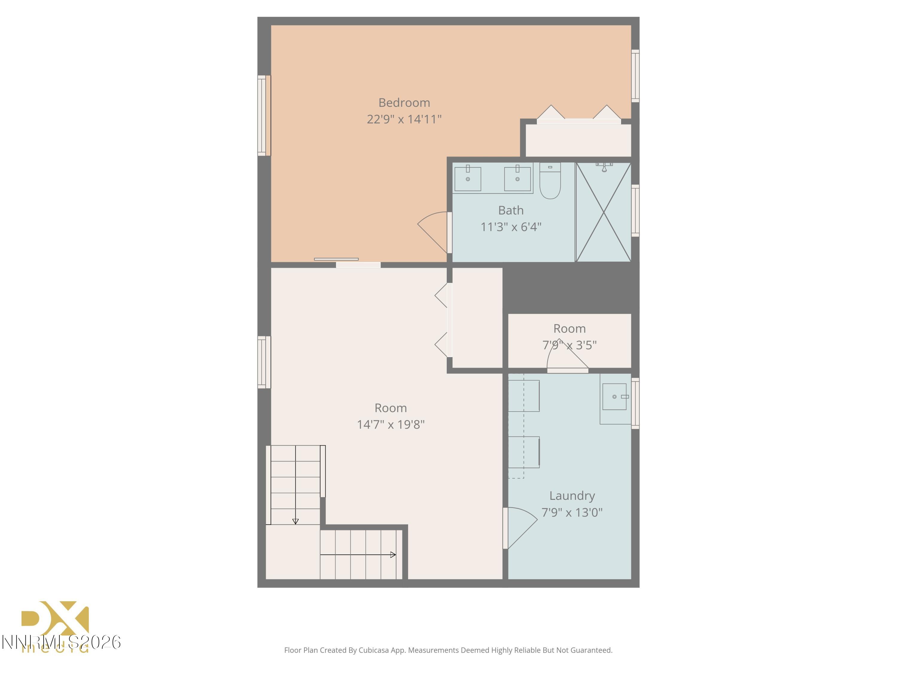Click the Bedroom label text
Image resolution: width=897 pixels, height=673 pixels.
coord(404,103)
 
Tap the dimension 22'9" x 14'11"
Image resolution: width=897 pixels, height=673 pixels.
coord(404,119)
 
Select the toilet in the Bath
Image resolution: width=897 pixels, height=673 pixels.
coord(550,181)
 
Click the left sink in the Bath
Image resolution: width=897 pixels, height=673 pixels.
coord(468,179)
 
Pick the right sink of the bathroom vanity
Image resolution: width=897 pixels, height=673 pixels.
coord(518,179)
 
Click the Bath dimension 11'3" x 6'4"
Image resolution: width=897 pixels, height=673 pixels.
coord(511,227)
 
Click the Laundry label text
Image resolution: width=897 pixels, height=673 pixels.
coord(572,496)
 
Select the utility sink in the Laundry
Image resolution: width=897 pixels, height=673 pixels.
coord(614,397)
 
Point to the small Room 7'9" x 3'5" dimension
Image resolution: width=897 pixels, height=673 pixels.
coord(569,345)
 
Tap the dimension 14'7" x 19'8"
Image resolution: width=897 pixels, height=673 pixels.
coord(390,424)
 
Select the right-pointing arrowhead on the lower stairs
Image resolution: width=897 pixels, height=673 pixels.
coord(393,555)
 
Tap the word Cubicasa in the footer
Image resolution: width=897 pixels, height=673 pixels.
coord(373,650)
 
